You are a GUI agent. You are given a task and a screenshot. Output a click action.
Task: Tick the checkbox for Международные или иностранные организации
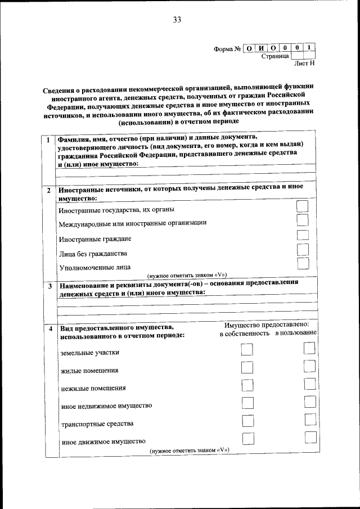tap(303, 221)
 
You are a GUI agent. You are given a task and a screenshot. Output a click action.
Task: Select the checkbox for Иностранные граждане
tap(303, 236)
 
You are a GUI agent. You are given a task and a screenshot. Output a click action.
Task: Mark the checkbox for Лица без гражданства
tap(303, 250)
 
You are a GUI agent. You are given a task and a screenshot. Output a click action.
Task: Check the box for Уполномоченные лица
tap(303, 263)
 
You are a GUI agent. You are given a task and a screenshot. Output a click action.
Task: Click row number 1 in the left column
tap(49, 139)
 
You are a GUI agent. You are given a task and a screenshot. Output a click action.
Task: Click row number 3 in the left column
tap(49, 286)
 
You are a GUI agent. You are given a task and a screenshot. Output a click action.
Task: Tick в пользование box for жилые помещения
tap(309, 367)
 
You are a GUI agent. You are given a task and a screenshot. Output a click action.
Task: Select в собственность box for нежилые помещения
tap(246, 385)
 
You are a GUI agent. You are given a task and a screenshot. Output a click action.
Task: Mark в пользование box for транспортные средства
tap(309, 420)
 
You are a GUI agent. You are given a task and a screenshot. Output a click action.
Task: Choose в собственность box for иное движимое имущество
tap(246, 439)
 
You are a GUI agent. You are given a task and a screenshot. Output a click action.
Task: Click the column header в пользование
tap(296, 334)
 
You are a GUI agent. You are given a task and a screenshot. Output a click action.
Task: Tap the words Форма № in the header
tap(227, 48)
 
